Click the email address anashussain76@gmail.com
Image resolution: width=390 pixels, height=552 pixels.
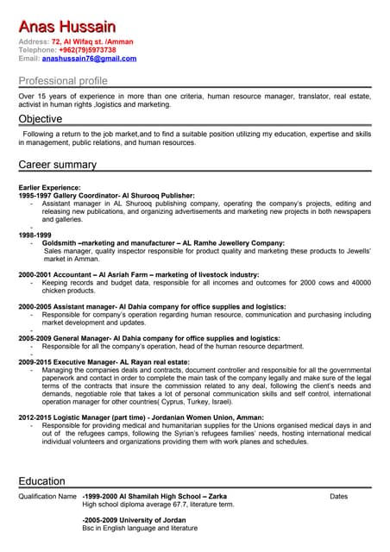(90, 59)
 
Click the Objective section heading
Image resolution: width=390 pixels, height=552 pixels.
(41, 119)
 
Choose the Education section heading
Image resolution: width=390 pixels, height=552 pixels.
(41, 481)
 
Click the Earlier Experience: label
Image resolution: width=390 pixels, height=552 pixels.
(49, 187)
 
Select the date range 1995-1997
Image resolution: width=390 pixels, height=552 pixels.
(38, 196)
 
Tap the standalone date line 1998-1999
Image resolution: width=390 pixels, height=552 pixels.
(35, 235)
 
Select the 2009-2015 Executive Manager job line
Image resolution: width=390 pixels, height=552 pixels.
(116, 361)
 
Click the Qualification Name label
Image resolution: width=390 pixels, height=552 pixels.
(47, 497)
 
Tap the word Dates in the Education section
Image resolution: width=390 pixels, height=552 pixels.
(338, 497)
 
